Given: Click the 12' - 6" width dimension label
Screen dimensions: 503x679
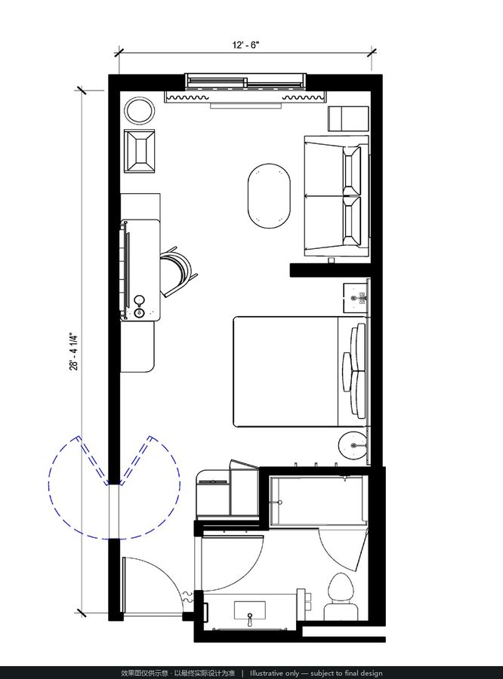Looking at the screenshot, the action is (246, 45).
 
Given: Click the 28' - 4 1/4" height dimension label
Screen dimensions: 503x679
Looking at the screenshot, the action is (74, 352).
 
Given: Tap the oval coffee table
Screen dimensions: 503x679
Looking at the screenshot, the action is (269, 195).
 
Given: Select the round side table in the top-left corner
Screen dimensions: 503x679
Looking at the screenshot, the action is (140, 110).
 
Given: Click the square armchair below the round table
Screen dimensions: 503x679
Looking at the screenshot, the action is (139, 151).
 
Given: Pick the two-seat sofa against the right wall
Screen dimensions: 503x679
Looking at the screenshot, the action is (337, 196).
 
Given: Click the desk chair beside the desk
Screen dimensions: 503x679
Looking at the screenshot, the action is (179, 272).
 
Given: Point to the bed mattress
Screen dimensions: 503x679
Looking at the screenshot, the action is (286, 371).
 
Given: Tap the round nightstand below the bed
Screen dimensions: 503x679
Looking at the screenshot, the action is (353, 445).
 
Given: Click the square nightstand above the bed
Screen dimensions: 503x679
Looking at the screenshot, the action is (356, 298).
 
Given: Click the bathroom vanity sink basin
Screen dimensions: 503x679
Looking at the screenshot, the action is (250, 610).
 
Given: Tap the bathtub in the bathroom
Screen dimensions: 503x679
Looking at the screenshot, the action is (318, 502).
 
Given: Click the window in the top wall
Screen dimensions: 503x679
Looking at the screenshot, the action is (246, 81).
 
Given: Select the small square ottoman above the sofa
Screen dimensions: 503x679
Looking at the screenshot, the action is (347, 118).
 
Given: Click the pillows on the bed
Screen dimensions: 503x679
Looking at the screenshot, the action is (355, 371).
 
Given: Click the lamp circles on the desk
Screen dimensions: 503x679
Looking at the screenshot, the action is (139, 306).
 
